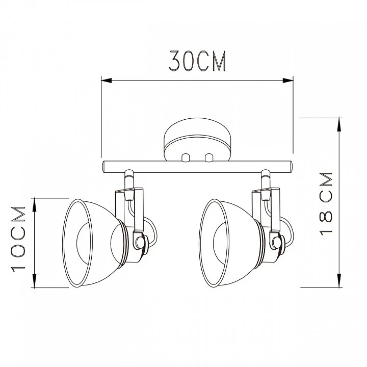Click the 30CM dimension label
(197, 61)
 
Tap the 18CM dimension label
(326, 204)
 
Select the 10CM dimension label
(18, 239)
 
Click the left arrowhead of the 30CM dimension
(107, 81)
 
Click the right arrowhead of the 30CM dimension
(288, 81)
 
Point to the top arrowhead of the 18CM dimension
(338, 124)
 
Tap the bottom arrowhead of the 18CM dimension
(338, 281)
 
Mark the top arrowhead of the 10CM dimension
(35, 204)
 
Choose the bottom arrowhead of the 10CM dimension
(35, 281)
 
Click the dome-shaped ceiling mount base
(197, 140)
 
